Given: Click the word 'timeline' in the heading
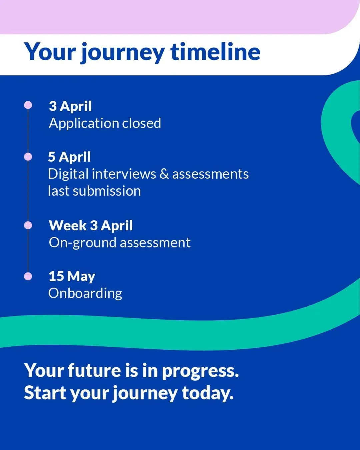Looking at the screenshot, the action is click(215, 52).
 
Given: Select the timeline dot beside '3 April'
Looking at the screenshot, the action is click(28, 105).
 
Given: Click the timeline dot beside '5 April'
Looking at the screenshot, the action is click(28, 157).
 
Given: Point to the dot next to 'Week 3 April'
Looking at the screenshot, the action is click(28, 225).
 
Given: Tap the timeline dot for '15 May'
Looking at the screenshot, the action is click(28, 276).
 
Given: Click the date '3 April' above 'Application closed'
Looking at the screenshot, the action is click(70, 107).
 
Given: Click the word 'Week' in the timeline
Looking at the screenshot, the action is click(67, 225).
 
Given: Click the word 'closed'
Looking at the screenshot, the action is click(141, 123).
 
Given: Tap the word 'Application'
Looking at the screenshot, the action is click(84, 124).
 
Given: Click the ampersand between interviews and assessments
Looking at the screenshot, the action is click(164, 174).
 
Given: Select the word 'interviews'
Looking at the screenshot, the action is click(124, 174).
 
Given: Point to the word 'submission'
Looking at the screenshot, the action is click(107, 191).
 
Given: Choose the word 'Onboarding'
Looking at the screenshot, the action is click(85, 294).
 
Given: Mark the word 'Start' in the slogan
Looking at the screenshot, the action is click(45, 393).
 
